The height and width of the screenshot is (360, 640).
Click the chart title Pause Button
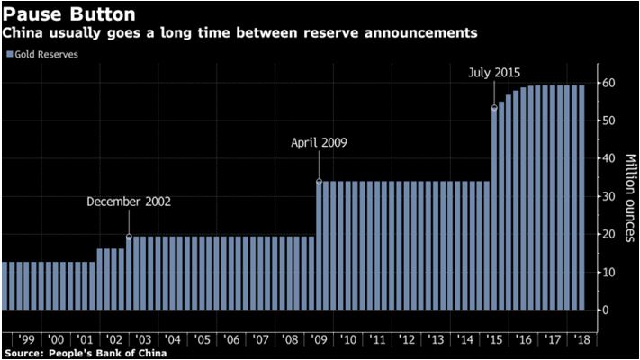tap(62, 13)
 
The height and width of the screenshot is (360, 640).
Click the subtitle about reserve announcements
tap(239, 32)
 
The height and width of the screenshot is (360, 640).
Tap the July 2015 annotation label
tap(495, 72)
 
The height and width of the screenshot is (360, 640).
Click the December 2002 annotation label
tap(129, 202)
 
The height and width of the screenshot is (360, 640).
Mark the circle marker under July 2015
tap(494, 107)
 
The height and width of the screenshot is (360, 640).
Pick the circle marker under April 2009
tap(320, 181)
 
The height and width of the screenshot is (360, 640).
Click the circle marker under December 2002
tap(129, 237)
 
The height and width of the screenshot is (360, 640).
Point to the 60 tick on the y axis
tap(609, 83)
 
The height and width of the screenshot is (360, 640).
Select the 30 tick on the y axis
tap(609, 196)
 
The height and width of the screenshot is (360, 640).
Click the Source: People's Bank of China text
tap(88, 352)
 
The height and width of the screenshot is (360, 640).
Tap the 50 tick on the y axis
tap(609, 121)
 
